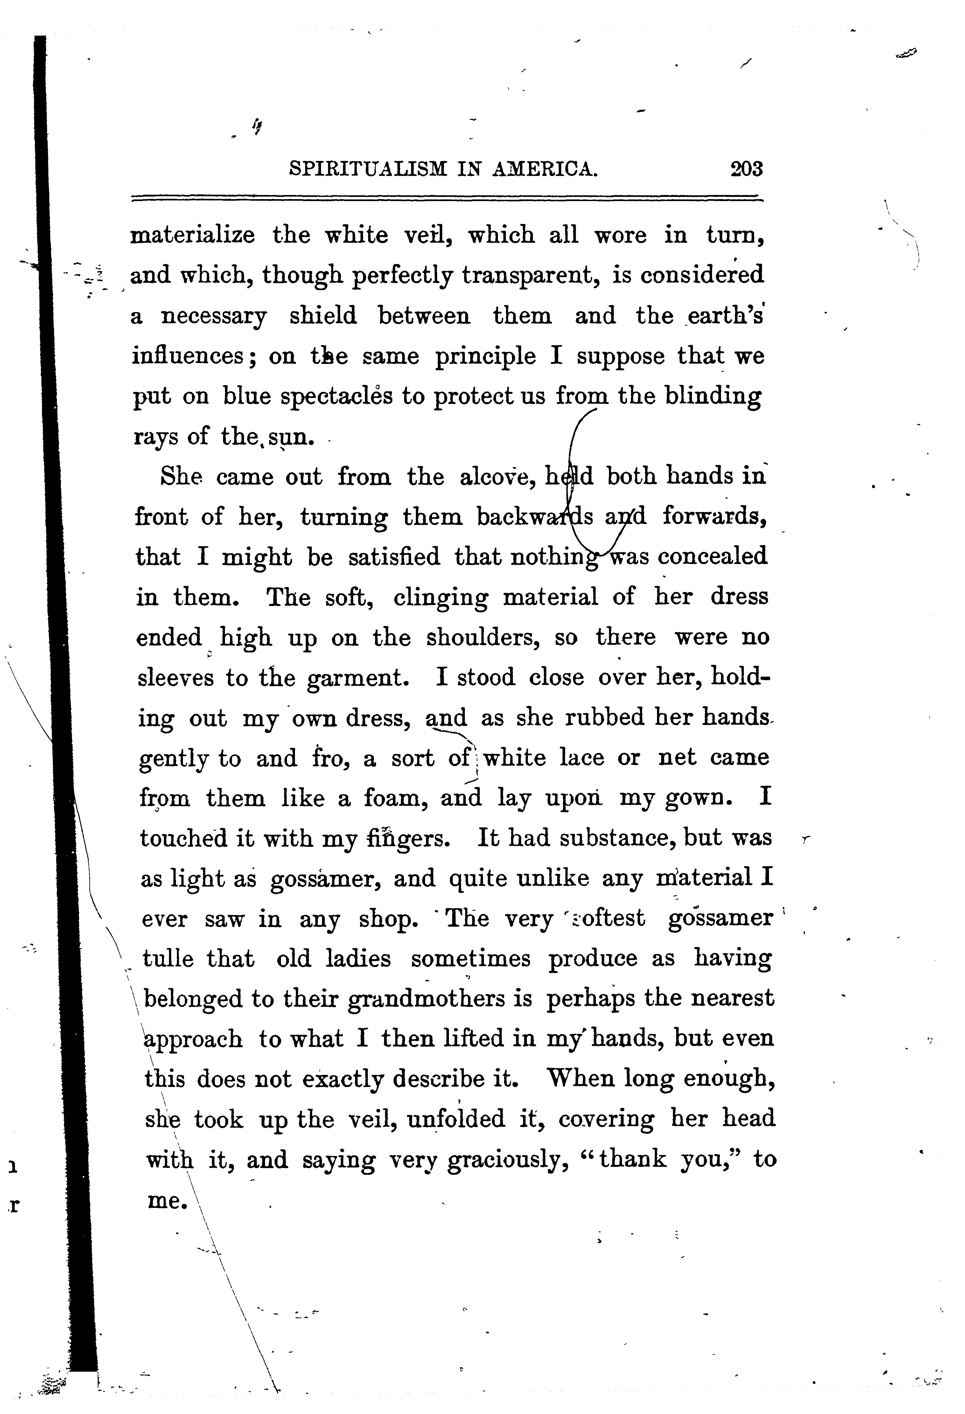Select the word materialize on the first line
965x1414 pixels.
(x=193, y=235)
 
